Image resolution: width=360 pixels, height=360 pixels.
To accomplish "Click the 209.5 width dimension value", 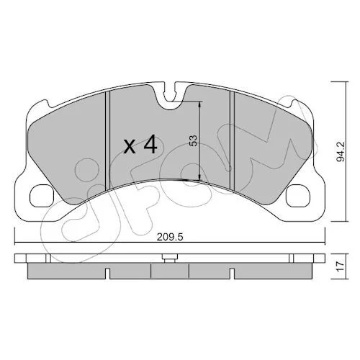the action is click(170, 237).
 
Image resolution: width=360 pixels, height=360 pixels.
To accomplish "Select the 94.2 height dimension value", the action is click(341, 151).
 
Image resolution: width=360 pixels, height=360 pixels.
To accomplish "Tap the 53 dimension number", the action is click(193, 140).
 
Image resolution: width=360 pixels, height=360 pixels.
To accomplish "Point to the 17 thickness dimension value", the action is click(341, 266).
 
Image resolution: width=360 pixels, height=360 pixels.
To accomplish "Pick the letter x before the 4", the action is click(130, 147).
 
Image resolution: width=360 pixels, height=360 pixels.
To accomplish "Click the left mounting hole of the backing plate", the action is click(41, 195).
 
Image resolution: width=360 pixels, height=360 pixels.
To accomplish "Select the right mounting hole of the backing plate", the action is click(298, 195).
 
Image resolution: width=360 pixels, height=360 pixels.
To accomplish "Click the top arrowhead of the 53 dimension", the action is click(199, 105).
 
